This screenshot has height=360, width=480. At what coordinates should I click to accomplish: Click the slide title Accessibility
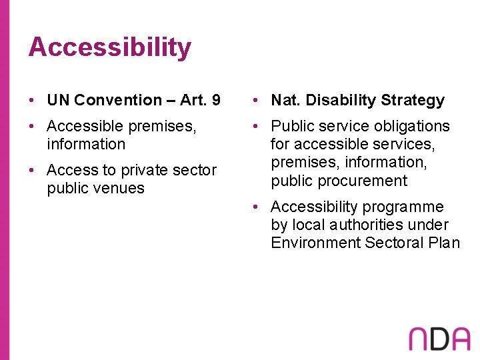[x=110, y=47]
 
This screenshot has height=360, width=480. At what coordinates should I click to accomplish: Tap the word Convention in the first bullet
[x=118, y=100]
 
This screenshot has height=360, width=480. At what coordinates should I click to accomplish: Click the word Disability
[x=338, y=100]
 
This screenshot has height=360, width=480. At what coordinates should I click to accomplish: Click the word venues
[x=120, y=188]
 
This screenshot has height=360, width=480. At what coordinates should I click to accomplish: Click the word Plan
[x=444, y=243]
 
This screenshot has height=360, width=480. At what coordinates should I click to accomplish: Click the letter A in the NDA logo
[x=461, y=339]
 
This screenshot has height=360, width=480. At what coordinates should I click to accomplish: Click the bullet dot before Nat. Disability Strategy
[x=256, y=101]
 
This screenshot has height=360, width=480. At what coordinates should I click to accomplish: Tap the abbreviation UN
[x=58, y=100]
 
